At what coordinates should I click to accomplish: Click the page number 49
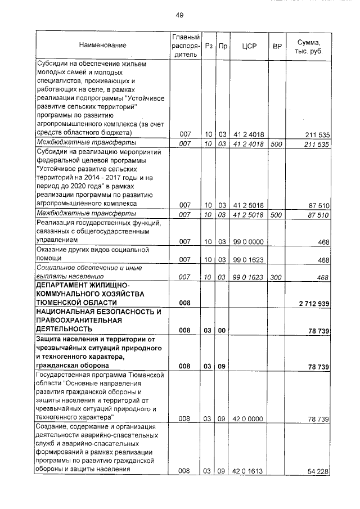point(179,15)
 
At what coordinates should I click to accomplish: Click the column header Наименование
point(102,45)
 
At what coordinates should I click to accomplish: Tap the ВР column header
point(276,45)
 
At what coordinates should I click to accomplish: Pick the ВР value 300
point(276,277)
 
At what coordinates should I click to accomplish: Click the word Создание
point(51,427)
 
